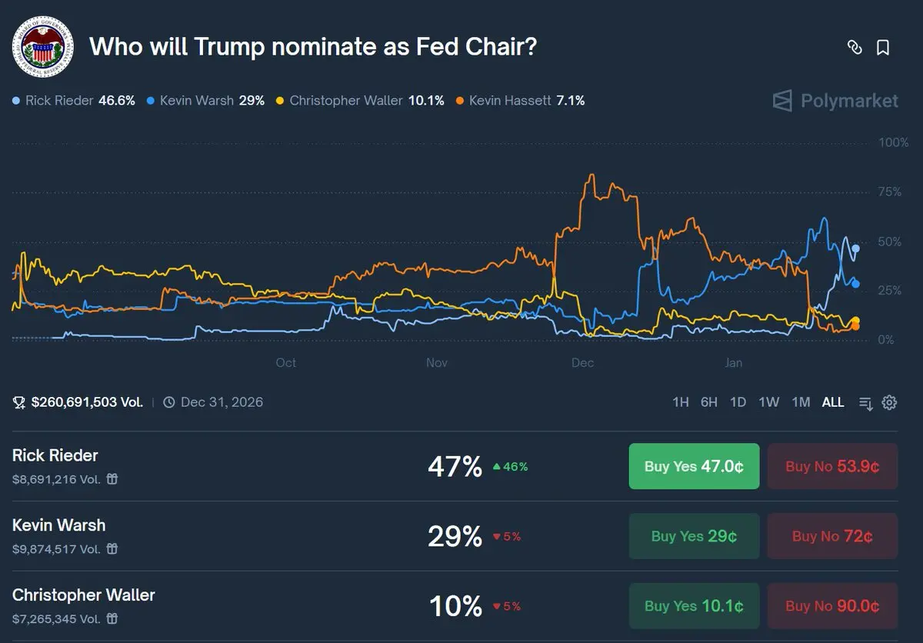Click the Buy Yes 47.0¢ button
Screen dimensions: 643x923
[x=694, y=466]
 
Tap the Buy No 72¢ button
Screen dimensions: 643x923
[x=832, y=536]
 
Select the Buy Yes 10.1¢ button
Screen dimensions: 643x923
[x=694, y=606]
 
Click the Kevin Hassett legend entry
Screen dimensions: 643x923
[x=520, y=101]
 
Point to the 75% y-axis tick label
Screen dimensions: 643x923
[x=890, y=192]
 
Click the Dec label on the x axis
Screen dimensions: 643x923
[x=583, y=362]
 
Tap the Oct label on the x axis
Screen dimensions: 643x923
[x=285, y=362]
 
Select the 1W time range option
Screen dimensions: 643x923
[x=768, y=402]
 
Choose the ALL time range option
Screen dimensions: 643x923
[x=832, y=402]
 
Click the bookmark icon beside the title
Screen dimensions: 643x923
[x=883, y=48]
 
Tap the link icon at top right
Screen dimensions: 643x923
[x=854, y=48]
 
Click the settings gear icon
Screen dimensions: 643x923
[x=889, y=402]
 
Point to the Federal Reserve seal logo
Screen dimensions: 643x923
[x=42, y=46]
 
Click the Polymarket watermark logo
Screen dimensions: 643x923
[x=835, y=101]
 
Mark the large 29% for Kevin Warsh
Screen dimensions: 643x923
[x=455, y=536]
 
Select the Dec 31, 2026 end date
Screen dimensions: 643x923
[x=222, y=402]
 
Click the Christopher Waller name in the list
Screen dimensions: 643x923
[x=84, y=595]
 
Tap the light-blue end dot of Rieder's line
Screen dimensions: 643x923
[x=855, y=248]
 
